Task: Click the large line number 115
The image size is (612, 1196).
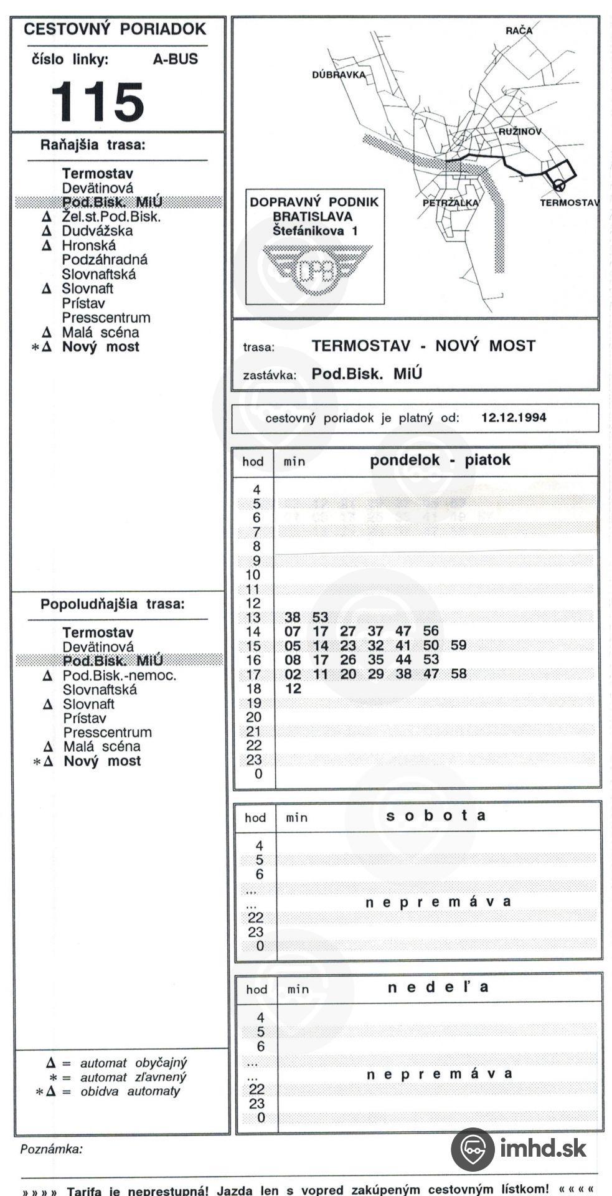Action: click(x=97, y=102)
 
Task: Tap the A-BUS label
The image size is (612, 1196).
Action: click(x=175, y=60)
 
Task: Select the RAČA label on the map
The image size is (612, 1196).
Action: click(x=519, y=31)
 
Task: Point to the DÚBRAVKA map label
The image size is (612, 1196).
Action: click(x=338, y=75)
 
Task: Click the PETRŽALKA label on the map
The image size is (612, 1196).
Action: click(x=450, y=203)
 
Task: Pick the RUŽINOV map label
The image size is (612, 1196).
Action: click(x=519, y=132)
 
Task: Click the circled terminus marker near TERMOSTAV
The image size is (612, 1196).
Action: click(x=558, y=185)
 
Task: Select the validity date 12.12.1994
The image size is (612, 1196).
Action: click(x=514, y=418)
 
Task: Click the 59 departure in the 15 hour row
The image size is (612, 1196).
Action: click(x=458, y=645)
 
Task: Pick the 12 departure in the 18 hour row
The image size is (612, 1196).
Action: click(x=293, y=688)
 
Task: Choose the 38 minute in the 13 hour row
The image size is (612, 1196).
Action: click(x=292, y=617)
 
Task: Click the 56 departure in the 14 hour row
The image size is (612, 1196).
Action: click(x=431, y=631)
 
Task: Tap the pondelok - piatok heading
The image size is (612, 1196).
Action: click(x=440, y=460)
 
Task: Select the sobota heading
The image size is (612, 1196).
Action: click(x=435, y=816)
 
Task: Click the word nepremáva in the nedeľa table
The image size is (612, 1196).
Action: click(x=440, y=1074)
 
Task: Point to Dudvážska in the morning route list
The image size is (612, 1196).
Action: click(x=97, y=231)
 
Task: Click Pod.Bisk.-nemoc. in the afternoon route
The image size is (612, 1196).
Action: click(x=119, y=675)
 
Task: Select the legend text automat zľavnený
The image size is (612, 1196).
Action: click(x=133, y=1077)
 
